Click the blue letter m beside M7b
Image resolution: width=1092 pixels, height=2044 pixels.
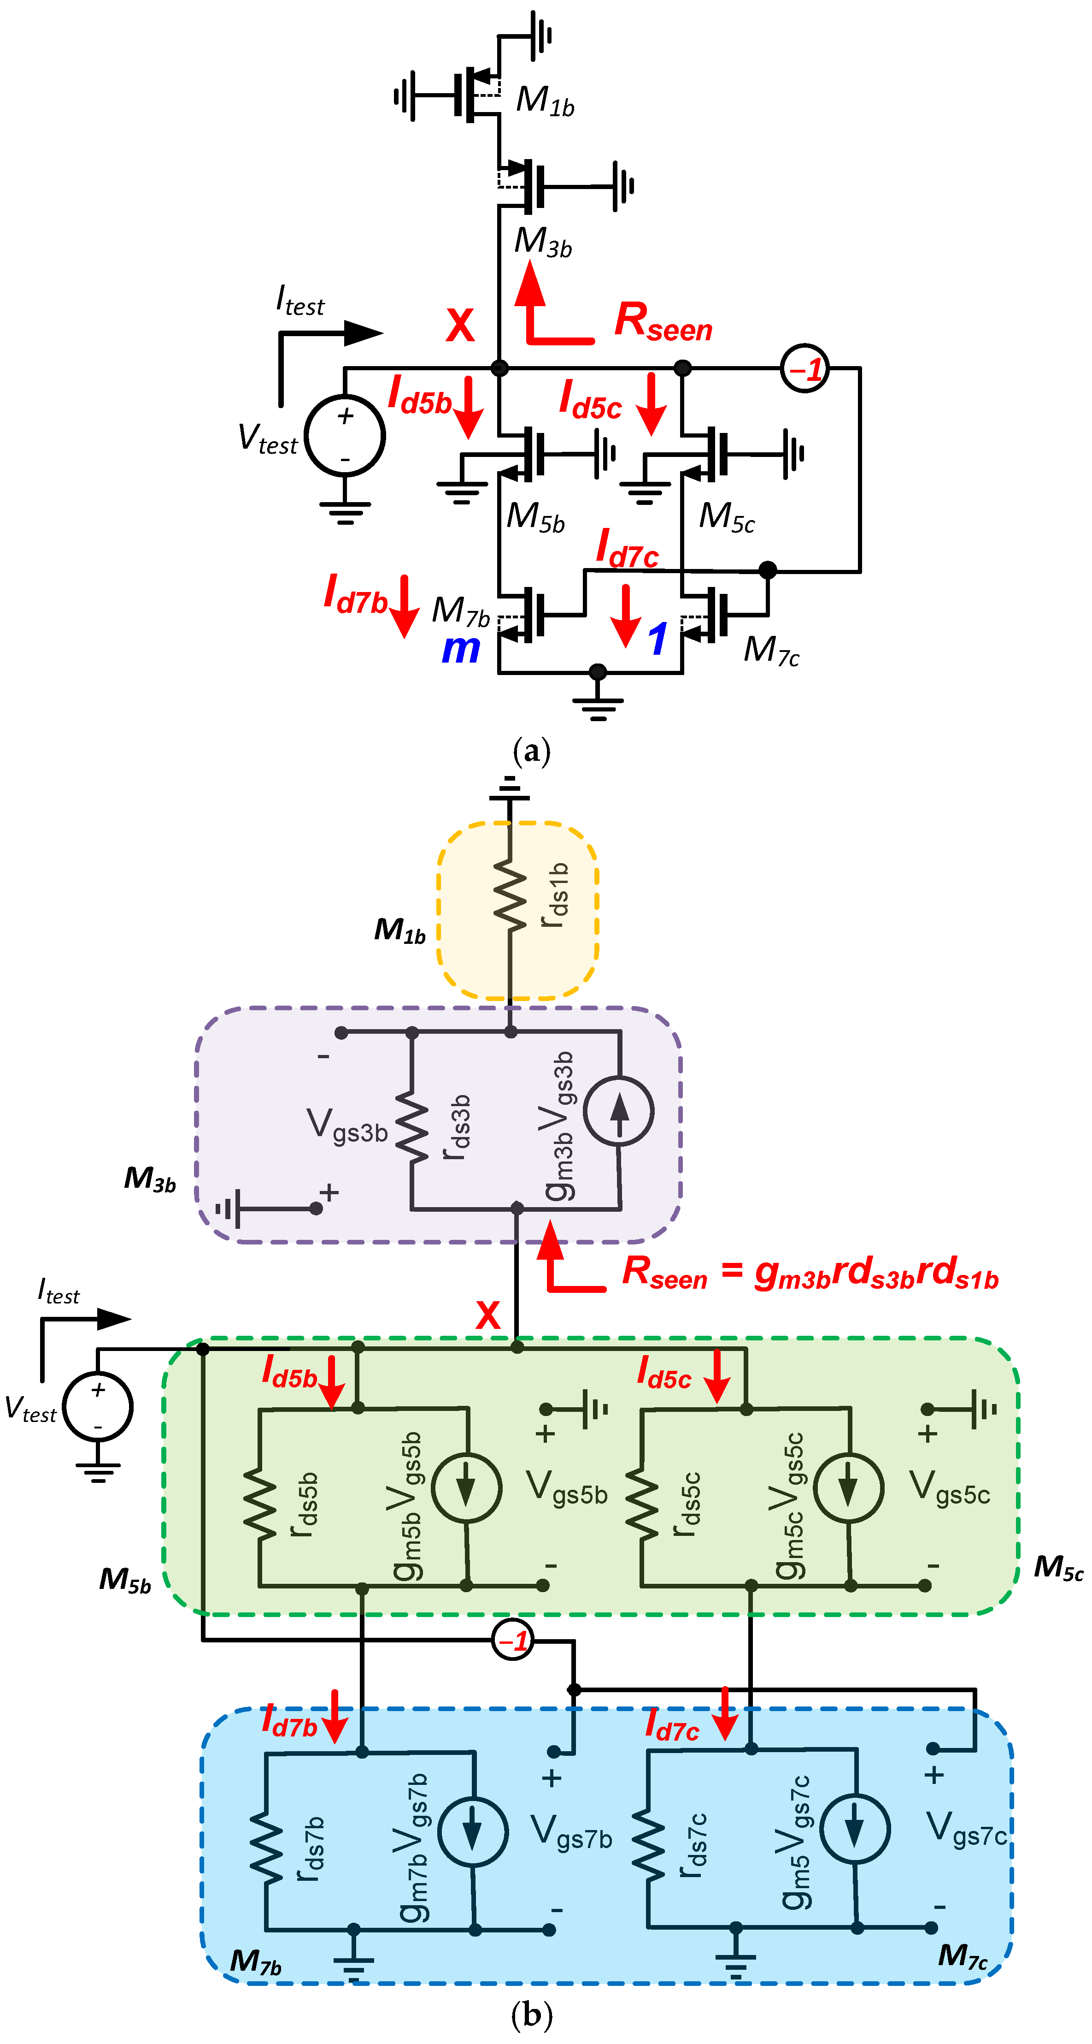[x=461, y=649]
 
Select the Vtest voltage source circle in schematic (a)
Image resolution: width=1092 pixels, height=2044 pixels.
[x=345, y=436]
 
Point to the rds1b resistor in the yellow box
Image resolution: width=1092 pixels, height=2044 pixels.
[x=510, y=897]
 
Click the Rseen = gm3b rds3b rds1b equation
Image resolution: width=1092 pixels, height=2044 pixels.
[x=809, y=1272]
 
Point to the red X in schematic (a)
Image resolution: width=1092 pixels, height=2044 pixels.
[x=460, y=326]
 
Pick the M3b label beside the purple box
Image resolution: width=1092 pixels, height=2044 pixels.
[x=150, y=1179]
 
